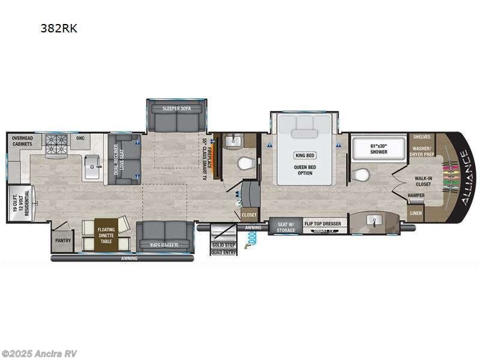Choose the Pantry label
pos(63,241)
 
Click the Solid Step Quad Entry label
pos(223,248)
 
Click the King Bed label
pos(305,155)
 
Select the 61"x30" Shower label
pos(379,149)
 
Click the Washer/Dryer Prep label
pos(422,150)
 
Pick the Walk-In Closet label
pos(424,181)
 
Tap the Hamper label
pos(416,196)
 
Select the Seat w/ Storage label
pos(285,226)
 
